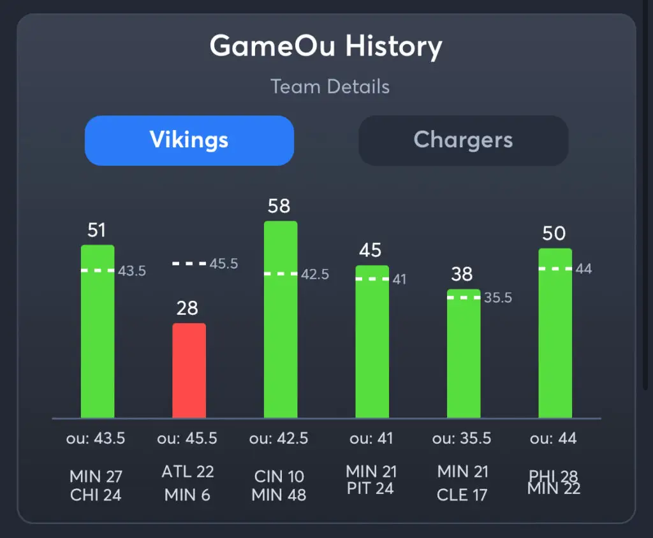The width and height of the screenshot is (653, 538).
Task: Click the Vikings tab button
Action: pyautogui.click(x=189, y=140)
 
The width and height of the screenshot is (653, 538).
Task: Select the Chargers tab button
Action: pyautogui.click(x=463, y=140)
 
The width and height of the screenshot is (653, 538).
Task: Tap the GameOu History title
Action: pyautogui.click(x=326, y=47)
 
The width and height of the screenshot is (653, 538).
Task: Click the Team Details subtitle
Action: pyautogui.click(x=330, y=87)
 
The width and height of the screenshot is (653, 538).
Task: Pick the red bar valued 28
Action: pyautogui.click(x=189, y=370)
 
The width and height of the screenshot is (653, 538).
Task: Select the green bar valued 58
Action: pyautogui.click(x=281, y=319)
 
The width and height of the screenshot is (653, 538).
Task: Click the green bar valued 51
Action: pyautogui.click(x=98, y=331)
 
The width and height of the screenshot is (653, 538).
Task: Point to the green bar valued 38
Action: pyautogui.click(x=464, y=354)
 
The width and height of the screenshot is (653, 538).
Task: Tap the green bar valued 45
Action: pyautogui.click(x=372, y=341)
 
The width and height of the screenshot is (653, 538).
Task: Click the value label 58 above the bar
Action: pyautogui.click(x=279, y=206)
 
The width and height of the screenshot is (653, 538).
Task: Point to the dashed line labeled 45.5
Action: pyautogui.click(x=189, y=263)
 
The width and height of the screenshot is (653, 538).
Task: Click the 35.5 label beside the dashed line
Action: pyautogui.click(x=498, y=298)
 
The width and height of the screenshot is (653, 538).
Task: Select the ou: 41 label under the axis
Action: pyautogui.click(x=371, y=439)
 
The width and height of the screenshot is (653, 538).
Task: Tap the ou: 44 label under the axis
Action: pyautogui.click(x=554, y=439)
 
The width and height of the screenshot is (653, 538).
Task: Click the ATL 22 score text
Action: pyautogui.click(x=188, y=472)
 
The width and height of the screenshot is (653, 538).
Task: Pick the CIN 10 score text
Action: pyautogui.click(x=279, y=476)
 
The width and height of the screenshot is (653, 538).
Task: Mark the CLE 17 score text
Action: pyautogui.click(x=463, y=495)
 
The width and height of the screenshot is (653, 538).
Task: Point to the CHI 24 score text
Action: pyautogui.click(x=96, y=495)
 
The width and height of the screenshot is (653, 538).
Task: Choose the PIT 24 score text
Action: pyautogui.click(x=371, y=488)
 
